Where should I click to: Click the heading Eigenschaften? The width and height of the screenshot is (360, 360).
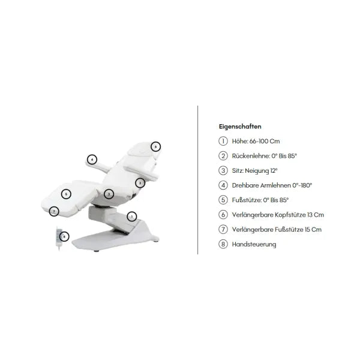coord(240,127)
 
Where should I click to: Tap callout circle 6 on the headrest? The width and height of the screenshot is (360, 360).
coord(155,147)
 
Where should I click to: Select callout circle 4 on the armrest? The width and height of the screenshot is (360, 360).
coord(92,160)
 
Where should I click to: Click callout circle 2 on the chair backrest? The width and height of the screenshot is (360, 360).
coord(140,183)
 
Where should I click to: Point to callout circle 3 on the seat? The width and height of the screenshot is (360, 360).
coord(109,194)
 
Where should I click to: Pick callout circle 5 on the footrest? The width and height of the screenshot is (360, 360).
coord(66,194)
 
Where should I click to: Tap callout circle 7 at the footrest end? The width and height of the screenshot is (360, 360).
coord(54,211)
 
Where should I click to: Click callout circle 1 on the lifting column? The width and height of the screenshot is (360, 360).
coord(132,217)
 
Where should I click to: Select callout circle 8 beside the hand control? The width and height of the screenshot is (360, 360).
coord(64,236)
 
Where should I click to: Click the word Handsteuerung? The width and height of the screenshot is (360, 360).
coord(254,244)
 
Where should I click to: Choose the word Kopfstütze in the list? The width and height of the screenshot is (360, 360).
coord(290,215)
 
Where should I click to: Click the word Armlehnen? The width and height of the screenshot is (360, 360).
coord(275,185)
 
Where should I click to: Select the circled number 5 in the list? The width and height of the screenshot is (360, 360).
coord(223,200)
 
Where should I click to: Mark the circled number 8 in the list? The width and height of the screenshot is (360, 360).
coord(223,244)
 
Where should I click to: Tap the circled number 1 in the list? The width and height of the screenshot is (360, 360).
coord(223,141)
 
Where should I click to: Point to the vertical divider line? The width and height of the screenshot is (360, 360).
coord(197,180)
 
